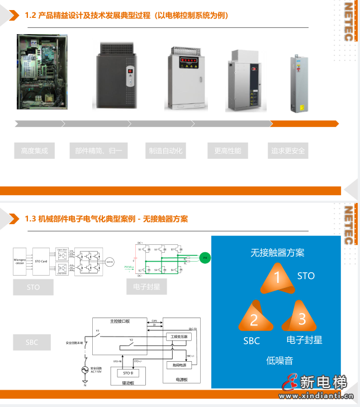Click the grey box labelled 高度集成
(35, 150)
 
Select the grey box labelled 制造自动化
(165, 150)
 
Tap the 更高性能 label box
(228, 150)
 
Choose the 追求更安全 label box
(288, 150)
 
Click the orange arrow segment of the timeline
(304, 124)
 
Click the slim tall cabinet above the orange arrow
(298, 83)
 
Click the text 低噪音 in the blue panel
(279, 361)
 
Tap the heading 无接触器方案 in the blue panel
(278, 253)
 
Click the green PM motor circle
(205, 258)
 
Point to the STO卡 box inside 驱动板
(128, 373)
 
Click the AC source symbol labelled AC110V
(85, 370)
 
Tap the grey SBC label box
(32, 342)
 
